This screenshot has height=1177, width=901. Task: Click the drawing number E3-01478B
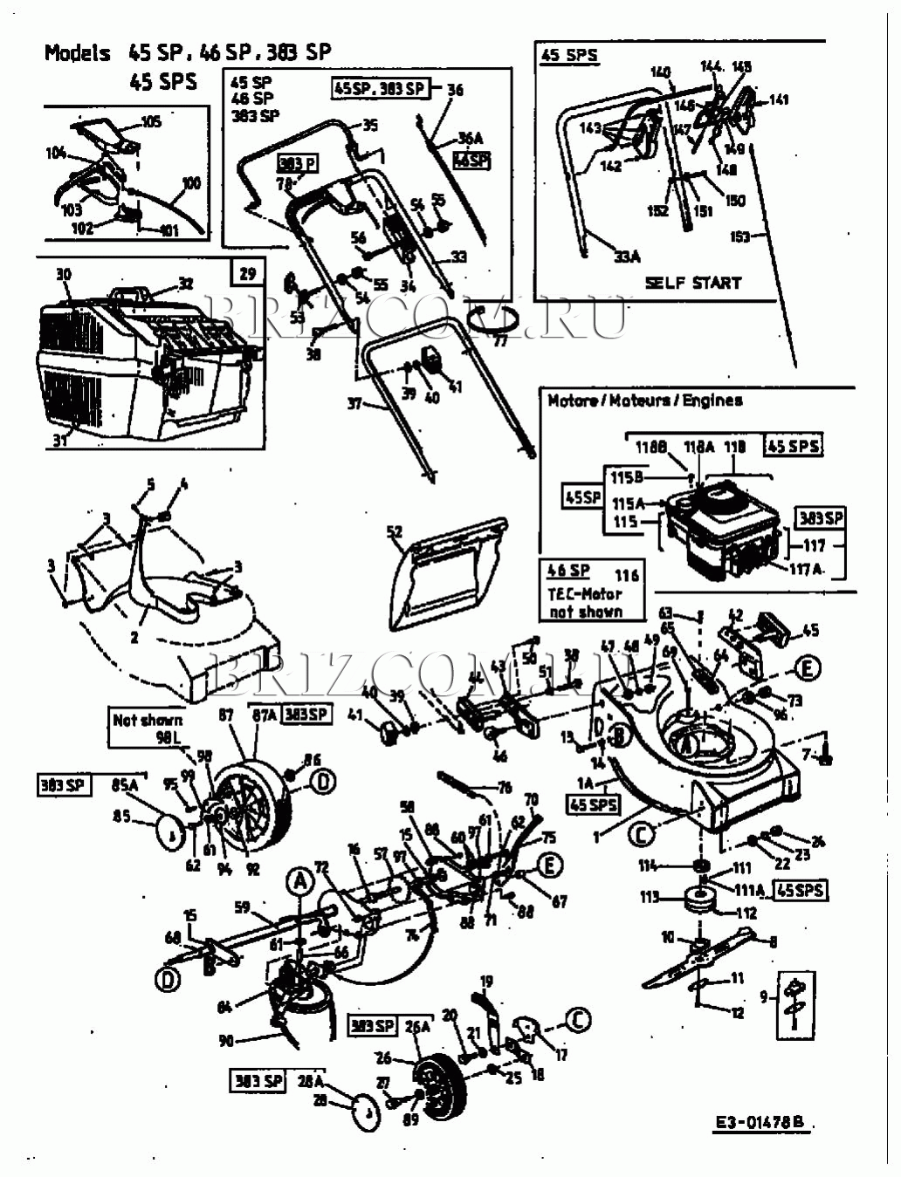pyautogui.click(x=758, y=1124)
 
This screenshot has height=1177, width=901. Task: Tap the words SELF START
pyautogui.click(x=692, y=283)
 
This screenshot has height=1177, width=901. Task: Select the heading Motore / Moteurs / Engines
pyautogui.click(x=644, y=400)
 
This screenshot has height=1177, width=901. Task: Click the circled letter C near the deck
pyautogui.click(x=642, y=834)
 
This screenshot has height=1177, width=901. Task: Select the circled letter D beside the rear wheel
pyautogui.click(x=323, y=783)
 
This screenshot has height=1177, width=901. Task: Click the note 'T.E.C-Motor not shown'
pyautogui.click(x=587, y=602)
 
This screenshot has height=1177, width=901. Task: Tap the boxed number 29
pyautogui.click(x=248, y=273)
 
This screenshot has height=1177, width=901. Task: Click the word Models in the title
pyautogui.click(x=78, y=53)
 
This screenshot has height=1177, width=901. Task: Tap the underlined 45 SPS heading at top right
pyautogui.click(x=569, y=55)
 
